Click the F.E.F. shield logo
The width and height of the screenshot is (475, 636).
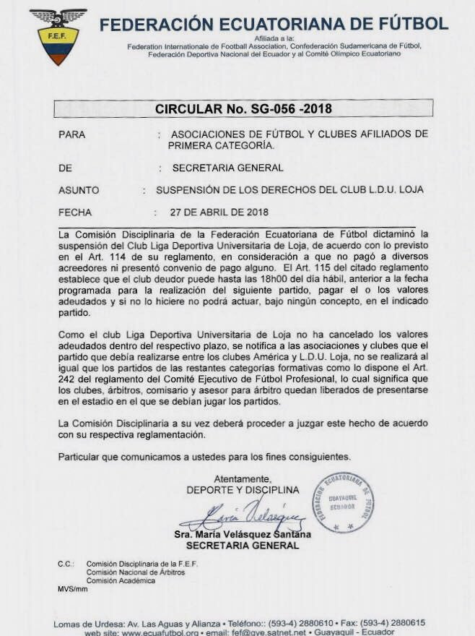pyautogui.click(x=58, y=35)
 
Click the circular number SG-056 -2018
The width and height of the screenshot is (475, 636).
pyautogui.click(x=243, y=109)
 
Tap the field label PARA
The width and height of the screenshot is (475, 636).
pyautogui.click(x=71, y=134)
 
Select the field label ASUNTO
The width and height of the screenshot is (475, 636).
pyautogui.click(x=79, y=190)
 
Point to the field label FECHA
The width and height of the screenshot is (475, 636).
pyautogui.click(x=74, y=212)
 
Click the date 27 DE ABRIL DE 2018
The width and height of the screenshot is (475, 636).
pyautogui.click(x=219, y=212)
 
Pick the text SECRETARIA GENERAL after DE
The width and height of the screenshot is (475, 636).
pyautogui.click(x=228, y=168)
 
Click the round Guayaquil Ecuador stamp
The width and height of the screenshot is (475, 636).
pyautogui.click(x=344, y=503)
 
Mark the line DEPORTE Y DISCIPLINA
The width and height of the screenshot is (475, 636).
pyautogui.click(x=243, y=490)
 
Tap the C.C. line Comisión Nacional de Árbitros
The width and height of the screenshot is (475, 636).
pyautogui.click(x=136, y=572)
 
